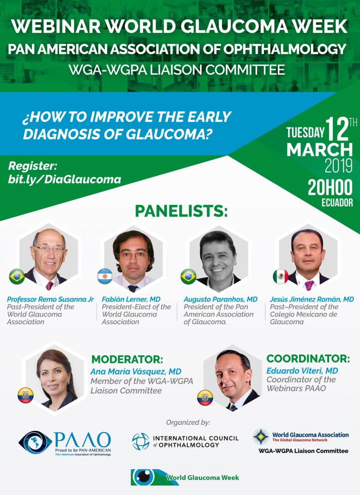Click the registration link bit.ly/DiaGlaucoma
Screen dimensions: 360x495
pyautogui.click(x=65, y=180)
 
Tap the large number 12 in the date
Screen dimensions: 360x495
pyautogui.click(x=337, y=129)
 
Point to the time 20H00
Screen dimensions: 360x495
pyautogui.click(x=330, y=188)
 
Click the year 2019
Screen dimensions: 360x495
pyautogui.click(x=339, y=166)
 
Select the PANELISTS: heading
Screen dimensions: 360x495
pyautogui.click(x=181, y=211)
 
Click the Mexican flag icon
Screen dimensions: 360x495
pyautogui.click(x=281, y=277)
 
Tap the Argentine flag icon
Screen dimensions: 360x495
pyautogui.click(x=105, y=276)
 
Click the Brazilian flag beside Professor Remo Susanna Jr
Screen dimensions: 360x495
pyautogui.click(x=17, y=277)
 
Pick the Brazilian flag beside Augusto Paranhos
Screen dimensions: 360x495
pyautogui.click(x=188, y=277)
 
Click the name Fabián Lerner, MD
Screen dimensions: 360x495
pyautogui.click(x=131, y=299)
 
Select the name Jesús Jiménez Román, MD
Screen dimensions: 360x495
pyautogui.click(x=312, y=299)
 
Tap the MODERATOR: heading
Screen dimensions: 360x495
pyautogui.click(x=127, y=359)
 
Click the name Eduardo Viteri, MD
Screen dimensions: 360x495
pyautogui.click(x=302, y=371)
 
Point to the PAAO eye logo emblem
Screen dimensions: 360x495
pyautogui.click(x=35, y=443)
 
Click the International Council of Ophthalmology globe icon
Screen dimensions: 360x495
pyautogui.click(x=141, y=441)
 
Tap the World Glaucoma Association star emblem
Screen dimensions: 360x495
pyautogui.click(x=261, y=437)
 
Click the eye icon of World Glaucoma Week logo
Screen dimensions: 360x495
pyautogui.click(x=144, y=477)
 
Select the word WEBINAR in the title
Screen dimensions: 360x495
pyautogui.click(x=55, y=27)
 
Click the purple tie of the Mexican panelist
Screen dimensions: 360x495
pyautogui.click(x=309, y=285)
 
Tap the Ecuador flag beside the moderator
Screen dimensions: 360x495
pyautogui.click(x=25, y=395)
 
